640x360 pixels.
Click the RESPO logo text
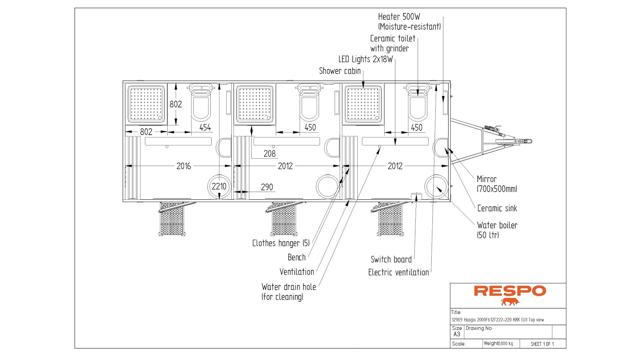510,291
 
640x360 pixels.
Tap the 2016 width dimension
183,166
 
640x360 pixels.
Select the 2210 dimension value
219,186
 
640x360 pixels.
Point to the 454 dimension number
205,127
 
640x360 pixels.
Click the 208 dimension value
269,154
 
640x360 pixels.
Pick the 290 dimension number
267,187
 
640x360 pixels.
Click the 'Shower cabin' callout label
340,71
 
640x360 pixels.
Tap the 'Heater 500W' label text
399,17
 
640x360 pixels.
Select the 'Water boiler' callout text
497,226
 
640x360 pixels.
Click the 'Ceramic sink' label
497,209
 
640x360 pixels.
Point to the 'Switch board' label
391,259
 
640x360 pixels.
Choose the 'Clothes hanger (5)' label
281,243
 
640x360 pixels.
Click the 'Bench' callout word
296,257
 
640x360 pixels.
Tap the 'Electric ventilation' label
398,272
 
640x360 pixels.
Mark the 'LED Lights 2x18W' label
365,59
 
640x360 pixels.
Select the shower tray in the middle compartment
254,104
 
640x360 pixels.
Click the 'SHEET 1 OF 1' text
542,344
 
